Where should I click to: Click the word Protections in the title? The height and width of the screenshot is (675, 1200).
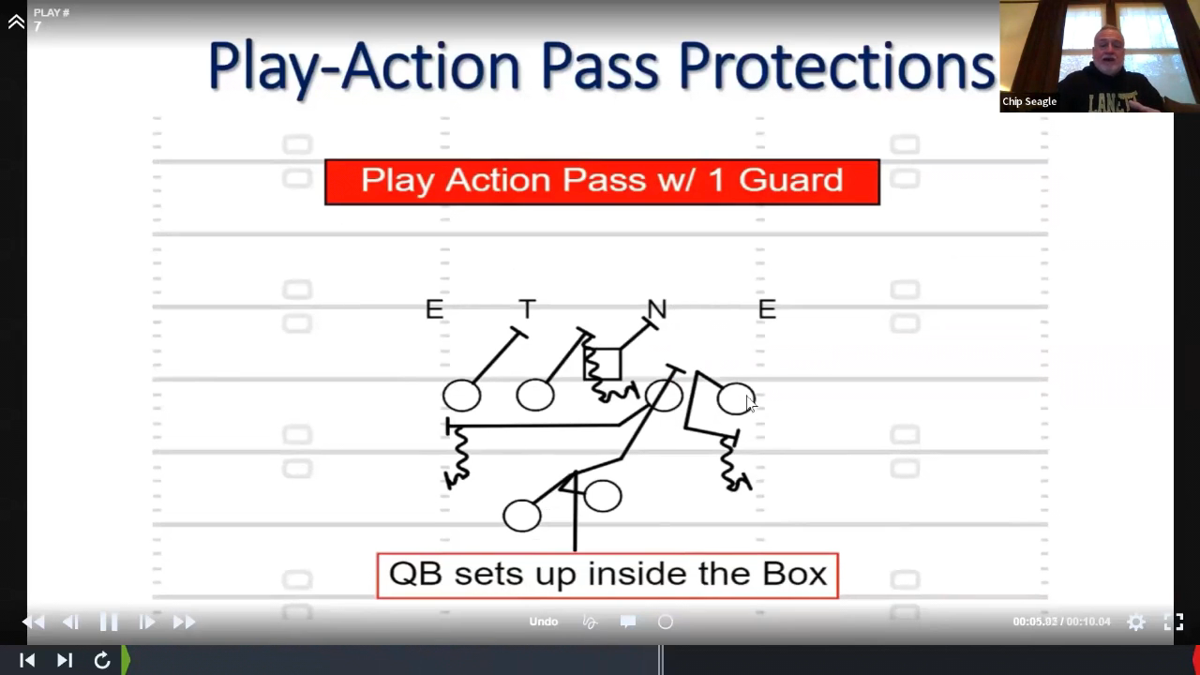[x=837, y=66]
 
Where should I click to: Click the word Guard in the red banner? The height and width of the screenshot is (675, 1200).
[x=790, y=180]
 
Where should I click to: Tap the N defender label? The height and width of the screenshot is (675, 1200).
[x=657, y=309]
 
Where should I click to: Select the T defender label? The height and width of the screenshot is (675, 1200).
[x=528, y=309]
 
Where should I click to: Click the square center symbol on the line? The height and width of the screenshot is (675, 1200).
[x=602, y=365]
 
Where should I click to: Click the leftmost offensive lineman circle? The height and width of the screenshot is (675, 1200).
[x=461, y=396]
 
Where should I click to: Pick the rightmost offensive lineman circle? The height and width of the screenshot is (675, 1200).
[x=736, y=398]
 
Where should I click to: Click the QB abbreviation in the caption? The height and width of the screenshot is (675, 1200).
[x=415, y=575]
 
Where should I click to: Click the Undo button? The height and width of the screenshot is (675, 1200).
[x=544, y=622]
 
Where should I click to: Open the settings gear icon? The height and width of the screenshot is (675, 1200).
[x=1135, y=622]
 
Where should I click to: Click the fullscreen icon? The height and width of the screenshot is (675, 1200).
[x=1174, y=622]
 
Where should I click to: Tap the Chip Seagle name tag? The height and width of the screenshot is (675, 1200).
[x=1029, y=102]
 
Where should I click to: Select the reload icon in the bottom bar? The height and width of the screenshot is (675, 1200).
[x=102, y=660]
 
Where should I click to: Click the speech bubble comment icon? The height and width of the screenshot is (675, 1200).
[x=628, y=622]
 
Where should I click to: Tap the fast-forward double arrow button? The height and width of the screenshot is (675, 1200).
[x=184, y=622]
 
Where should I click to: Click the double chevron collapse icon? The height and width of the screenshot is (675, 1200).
[x=16, y=22]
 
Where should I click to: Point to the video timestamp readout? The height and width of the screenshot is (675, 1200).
[x=1061, y=622]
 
